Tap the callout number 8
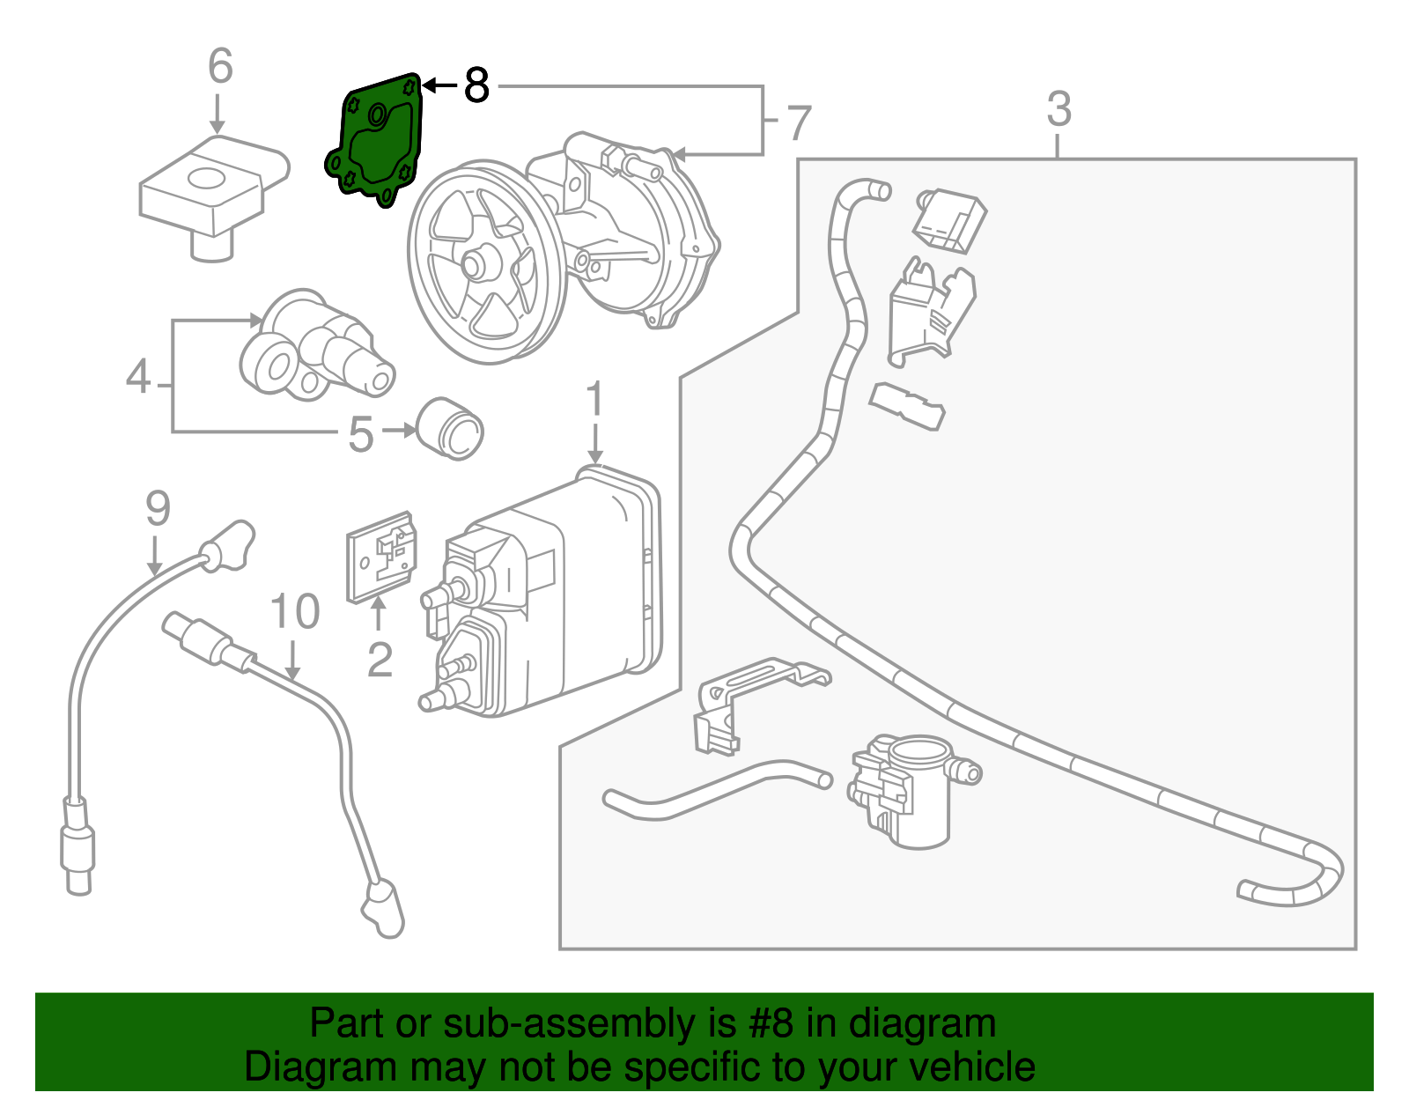pyautogui.click(x=476, y=85)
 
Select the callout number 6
pyautogui.click(x=220, y=66)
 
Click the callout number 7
pyautogui.click(x=798, y=122)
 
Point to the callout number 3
pyautogui.click(x=1059, y=109)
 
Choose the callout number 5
pyautogui.click(x=361, y=434)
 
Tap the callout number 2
pyautogui.click(x=380, y=659)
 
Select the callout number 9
pyautogui.click(x=158, y=508)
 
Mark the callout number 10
pyautogui.click(x=294, y=611)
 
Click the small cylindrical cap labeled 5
pyautogui.click(x=449, y=428)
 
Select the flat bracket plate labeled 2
pyautogui.click(x=381, y=557)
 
